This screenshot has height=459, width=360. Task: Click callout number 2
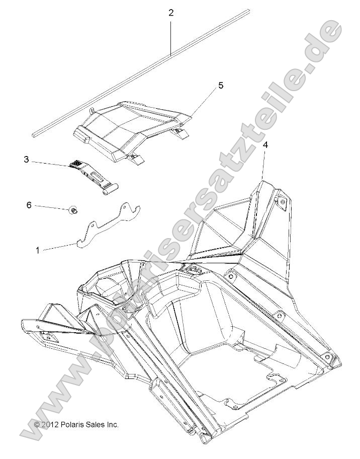pyautogui.click(x=171, y=13)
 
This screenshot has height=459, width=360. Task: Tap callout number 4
pyautogui.click(x=265, y=145)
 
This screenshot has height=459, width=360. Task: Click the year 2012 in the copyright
pyautogui.click(x=50, y=425)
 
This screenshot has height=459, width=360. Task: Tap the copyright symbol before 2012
pyautogui.click(x=37, y=425)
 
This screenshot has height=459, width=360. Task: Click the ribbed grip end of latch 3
pyautogui.click(x=75, y=164)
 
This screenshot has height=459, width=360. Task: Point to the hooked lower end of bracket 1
pyautogui.click(x=80, y=245)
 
